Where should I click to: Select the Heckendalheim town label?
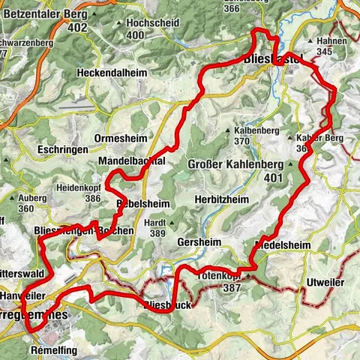[x=117, y=73]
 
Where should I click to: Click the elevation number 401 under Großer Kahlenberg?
[x=271, y=179]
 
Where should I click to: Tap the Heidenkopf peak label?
[x=82, y=188]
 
